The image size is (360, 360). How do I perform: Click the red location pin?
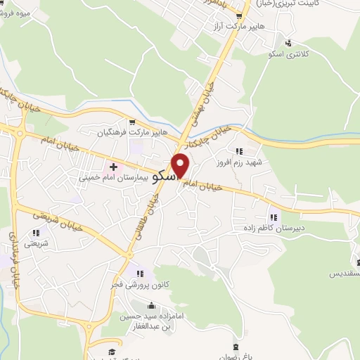click(181, 165)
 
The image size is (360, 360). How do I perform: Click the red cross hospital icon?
click(113, 167)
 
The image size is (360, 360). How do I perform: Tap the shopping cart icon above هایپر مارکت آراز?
click(240, 15)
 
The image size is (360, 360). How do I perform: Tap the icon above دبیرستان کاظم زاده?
click(273, 217)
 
